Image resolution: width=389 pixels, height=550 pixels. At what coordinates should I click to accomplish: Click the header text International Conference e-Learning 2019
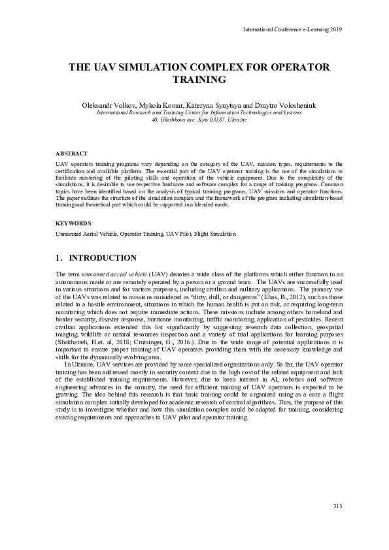292,30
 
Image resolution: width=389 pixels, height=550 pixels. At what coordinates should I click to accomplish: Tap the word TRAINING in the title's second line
199,80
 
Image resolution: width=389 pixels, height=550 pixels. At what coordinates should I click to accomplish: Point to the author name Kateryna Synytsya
203,105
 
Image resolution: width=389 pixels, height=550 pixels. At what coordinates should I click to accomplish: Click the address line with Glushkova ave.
199,120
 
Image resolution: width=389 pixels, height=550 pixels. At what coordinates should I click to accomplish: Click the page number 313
337,507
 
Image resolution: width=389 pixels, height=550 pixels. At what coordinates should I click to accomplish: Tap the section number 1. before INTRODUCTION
59,258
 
